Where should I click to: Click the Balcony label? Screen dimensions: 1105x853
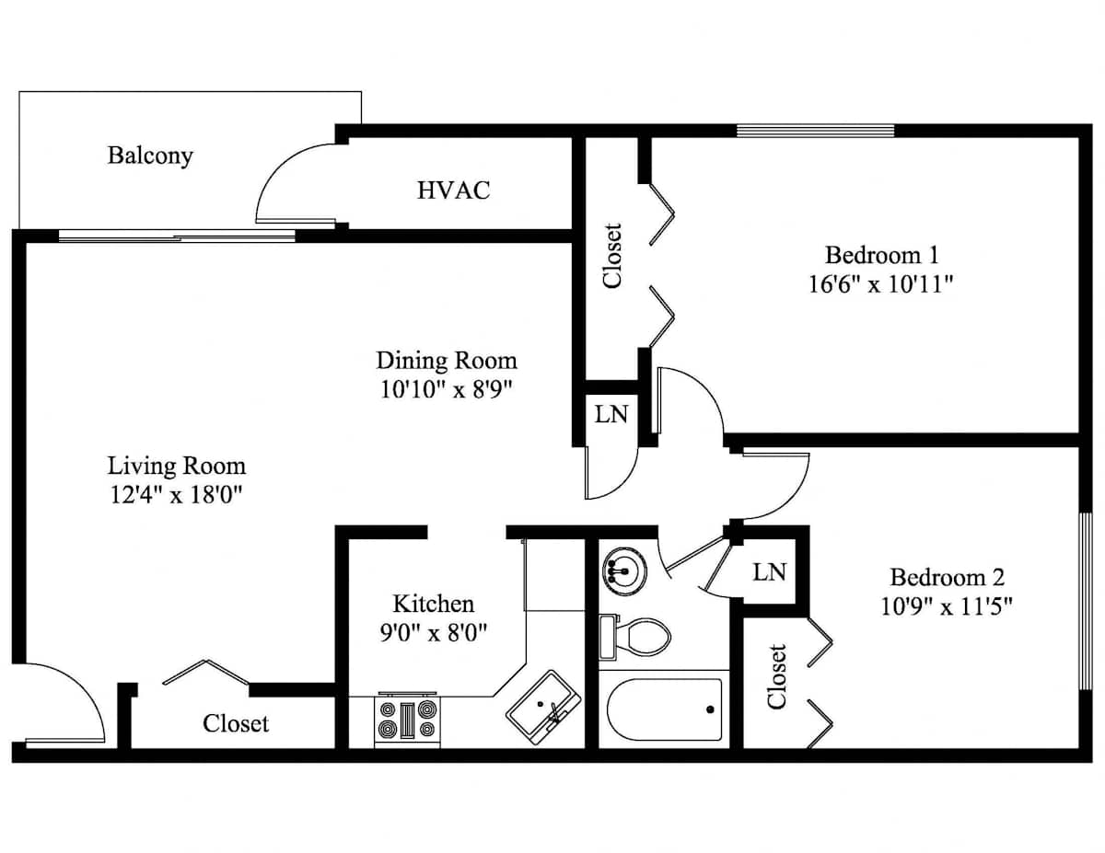click(x=150, y=156)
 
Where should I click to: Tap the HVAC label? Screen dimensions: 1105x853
click(x=454, y=190)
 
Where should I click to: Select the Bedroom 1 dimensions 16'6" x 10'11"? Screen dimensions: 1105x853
click(x=880, y=284)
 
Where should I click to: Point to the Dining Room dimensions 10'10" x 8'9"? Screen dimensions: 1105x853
click(x=446, y=389)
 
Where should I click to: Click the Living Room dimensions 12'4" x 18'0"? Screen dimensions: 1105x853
click(x=176, y=494)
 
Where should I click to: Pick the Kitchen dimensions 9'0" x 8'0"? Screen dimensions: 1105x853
click(x=434, y=633)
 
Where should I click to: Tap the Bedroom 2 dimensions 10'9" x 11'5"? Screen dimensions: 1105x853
click(x=947, y=606)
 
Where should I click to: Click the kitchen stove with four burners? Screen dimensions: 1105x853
click(x=407, y=720)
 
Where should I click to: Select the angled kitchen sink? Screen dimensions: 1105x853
click(x=543, y=708)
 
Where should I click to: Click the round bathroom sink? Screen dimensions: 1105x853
click(x=624, y=571)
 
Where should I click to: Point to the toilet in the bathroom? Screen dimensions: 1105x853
click(x=634, y=637)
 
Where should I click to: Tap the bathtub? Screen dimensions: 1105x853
click(x=664, y=709)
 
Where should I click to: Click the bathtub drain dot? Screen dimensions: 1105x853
click(x=710, y=709)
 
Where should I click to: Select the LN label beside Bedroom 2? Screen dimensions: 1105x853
click(x=770, y=572)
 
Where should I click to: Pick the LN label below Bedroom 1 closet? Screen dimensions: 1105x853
click(x=611, y=414)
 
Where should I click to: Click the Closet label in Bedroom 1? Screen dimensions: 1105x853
click(x=612, y=256)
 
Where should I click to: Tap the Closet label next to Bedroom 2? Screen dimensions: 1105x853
click(x=777, y=676)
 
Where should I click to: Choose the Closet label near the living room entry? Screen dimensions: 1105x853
click(x=236, y=723)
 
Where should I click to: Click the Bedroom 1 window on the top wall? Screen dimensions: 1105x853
click(x=815, y=131)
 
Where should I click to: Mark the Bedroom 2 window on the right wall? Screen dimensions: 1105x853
click(x=1085, y=601)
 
